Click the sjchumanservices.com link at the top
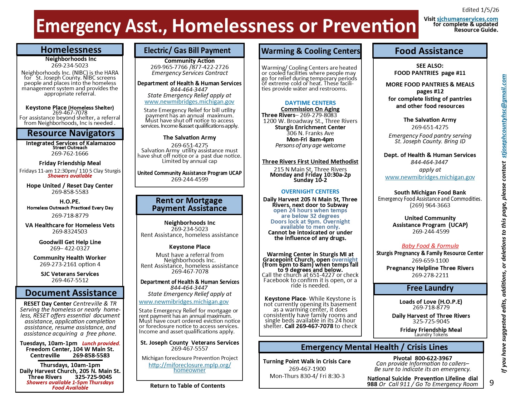[467, 19]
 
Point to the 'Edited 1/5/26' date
[480, 10]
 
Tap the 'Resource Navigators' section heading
[71, 133]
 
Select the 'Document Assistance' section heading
[71, 293]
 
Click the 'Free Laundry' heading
[430, 288]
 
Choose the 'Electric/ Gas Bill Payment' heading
[187, 51]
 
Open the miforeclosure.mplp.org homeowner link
[189, 367]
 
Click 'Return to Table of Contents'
[187, 386]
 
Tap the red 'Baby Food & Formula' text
[430, 246]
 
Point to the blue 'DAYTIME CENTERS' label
[310, 103]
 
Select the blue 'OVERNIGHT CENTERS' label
[310, 192]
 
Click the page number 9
[492, 383]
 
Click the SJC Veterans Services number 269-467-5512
[70, 280]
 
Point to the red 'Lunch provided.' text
[101, 343]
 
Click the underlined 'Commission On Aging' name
[310, 109]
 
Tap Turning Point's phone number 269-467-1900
[307, 369]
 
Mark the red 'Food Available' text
[70, 388]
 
